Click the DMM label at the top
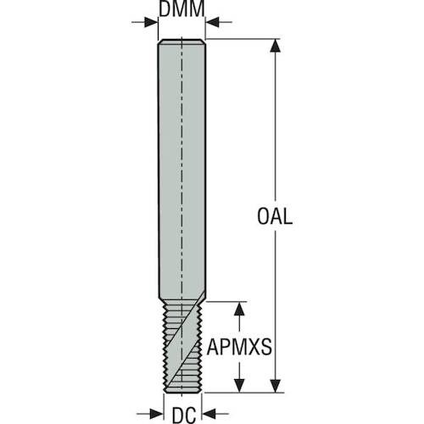pyautogui.click(x=181, y=8)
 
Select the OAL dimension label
pyautogui.click(x=275, y=216)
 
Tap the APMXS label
pyautogui.click(x=239, y=347)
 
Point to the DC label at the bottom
pyautogui.click(x=184, y=416)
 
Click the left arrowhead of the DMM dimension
pyautogui.click(x=151, y=22)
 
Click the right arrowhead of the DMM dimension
pyautogui.click(x=212, y=22)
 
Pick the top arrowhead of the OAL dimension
pyautogui.click(x=276, y=46)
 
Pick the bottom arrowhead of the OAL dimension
pyautogui.click(x=276, y=386)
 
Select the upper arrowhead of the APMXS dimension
pyautogui.click(x=239, y=309)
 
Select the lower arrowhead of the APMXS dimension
pyautogui.click(x=239, y=386)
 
